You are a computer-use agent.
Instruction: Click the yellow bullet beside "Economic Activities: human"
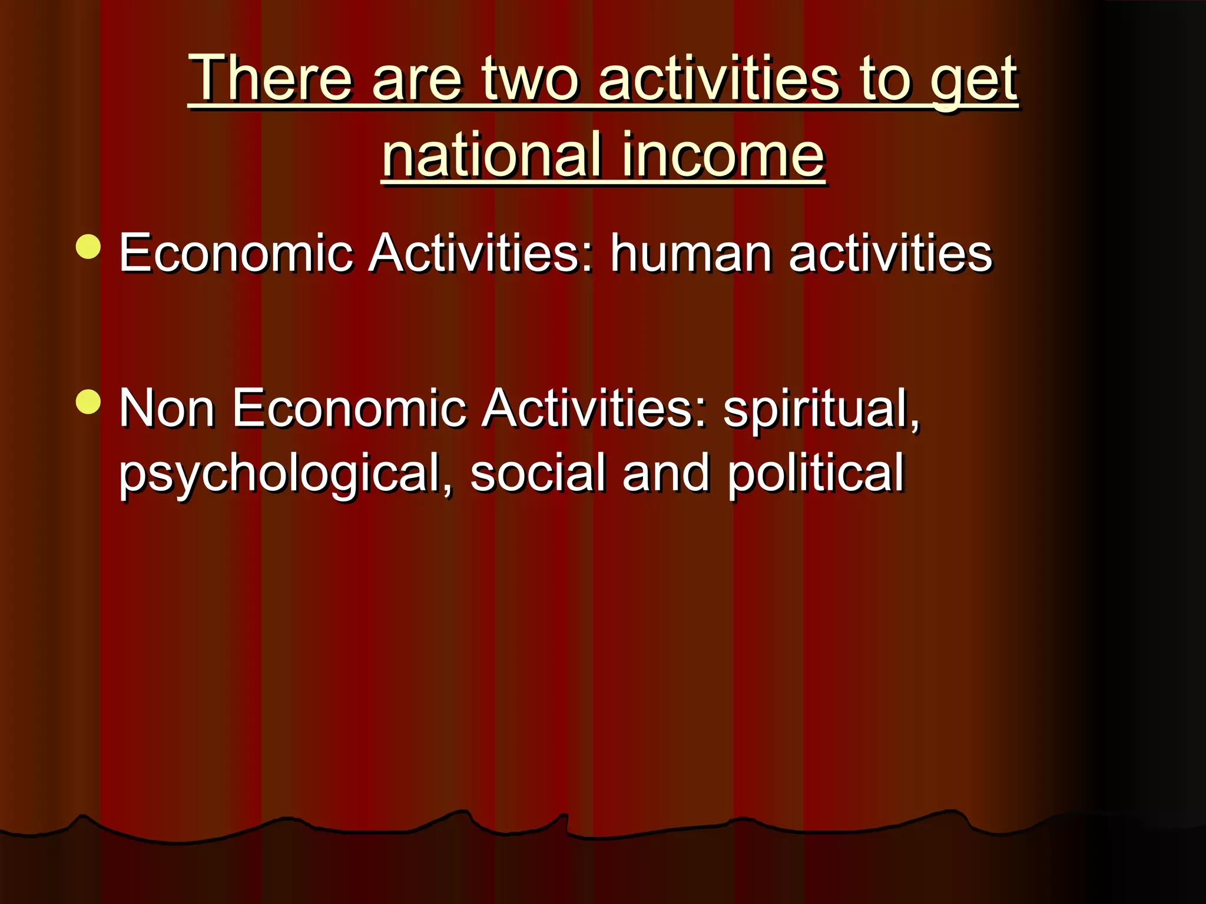[88, 247]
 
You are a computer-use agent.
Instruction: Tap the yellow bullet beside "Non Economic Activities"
[88, 403]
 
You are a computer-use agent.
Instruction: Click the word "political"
[815, 474]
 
